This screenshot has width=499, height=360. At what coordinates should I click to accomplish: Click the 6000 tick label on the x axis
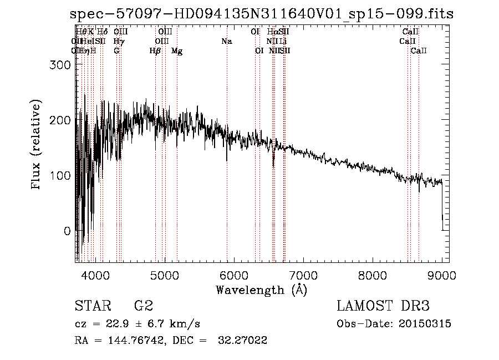pos(234,275)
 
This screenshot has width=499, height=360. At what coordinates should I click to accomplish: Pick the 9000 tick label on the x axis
pos(442,275)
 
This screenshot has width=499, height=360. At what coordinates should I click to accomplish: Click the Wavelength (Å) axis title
pos(261,290)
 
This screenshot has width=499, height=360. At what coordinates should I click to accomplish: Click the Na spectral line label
pos(226,41)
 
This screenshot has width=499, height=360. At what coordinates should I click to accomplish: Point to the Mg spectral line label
pos(177,51)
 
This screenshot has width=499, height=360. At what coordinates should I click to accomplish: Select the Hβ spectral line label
pos(155,51)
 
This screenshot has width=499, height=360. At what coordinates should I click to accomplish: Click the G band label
pos(116,50)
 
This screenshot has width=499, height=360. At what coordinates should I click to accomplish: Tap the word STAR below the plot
pos(91,306)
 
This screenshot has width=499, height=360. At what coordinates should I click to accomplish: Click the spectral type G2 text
pos(143,306)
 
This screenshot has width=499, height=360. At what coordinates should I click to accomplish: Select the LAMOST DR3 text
pos(383,306)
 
